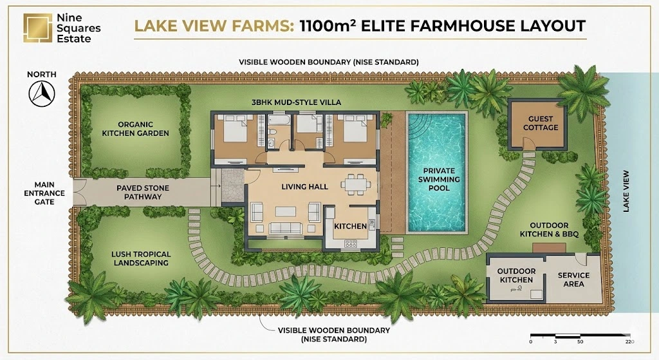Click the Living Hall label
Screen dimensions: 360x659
point(304,187)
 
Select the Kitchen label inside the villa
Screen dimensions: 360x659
point(350,226)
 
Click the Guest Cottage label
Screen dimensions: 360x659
point(540,123)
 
